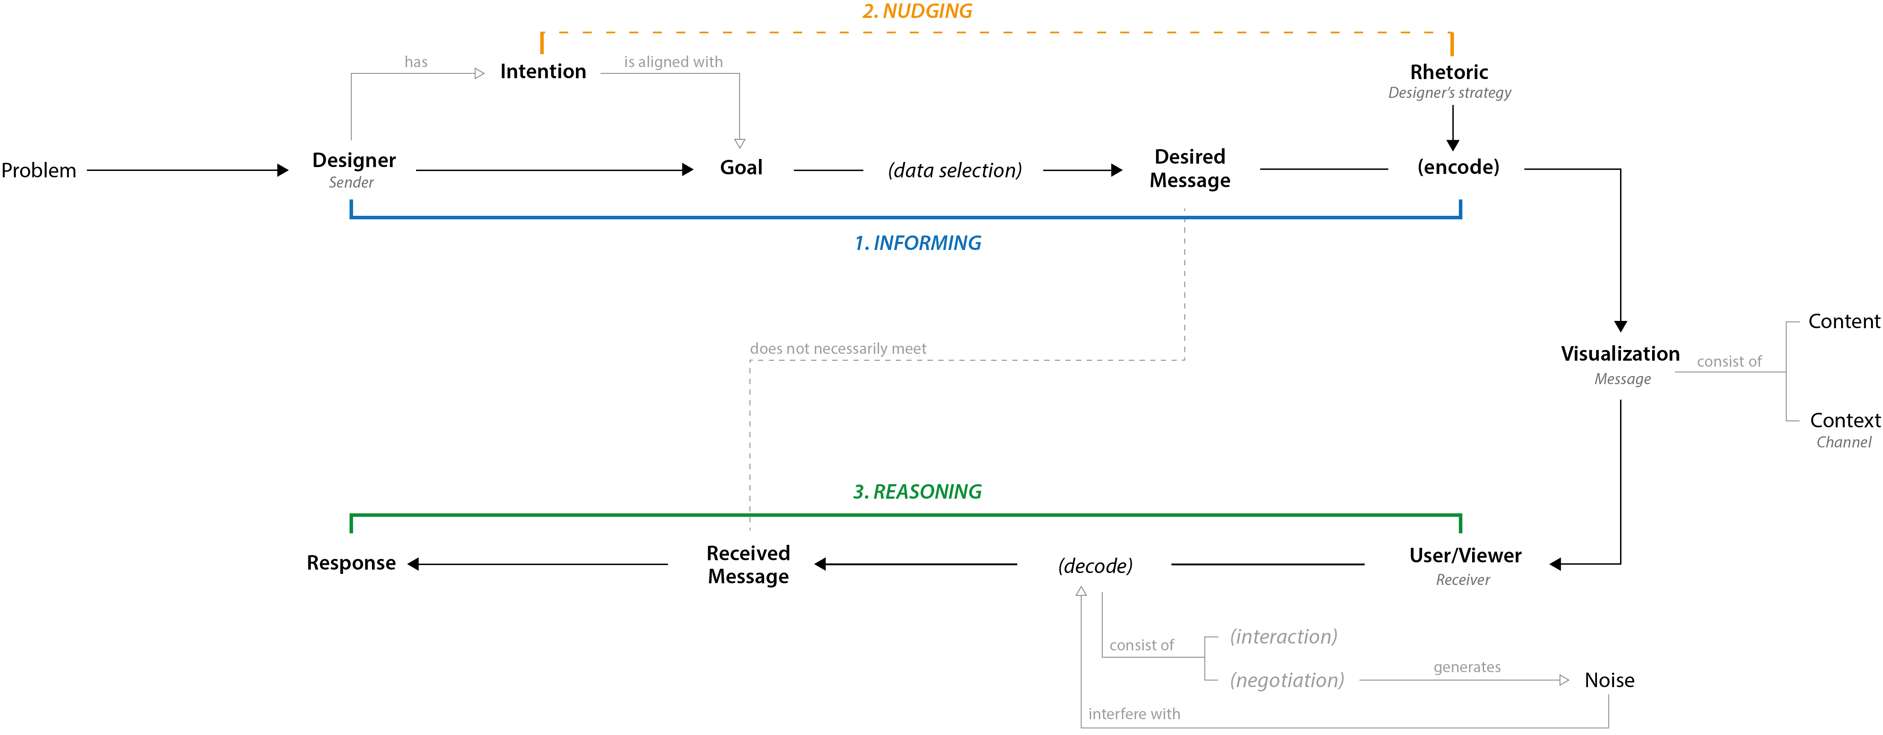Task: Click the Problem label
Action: (39, 170)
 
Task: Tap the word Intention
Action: (543, 72)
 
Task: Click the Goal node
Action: (741, 168)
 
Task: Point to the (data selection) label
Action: (955, 170)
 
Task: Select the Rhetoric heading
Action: (1449, 72)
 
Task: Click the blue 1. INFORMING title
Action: (918, 243)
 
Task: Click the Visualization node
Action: (1620, 354)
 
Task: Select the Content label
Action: (1844, 321)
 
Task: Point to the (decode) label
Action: (1095, 565)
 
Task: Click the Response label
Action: (351, 563)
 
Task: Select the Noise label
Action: (1609, 680)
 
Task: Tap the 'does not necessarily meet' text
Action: (838, 349)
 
